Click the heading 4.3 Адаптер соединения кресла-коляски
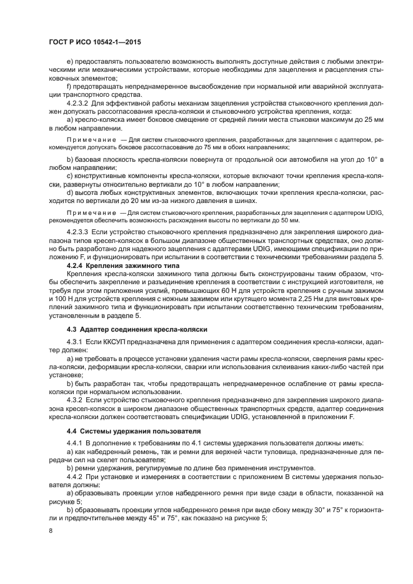[137, 329]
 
